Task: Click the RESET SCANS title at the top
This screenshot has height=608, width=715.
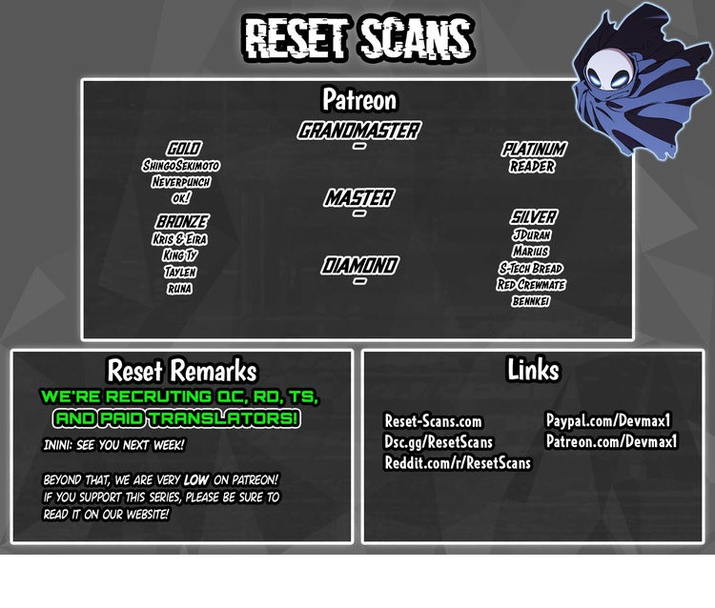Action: (358, 38)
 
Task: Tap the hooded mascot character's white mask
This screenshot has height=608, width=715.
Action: (610, 92)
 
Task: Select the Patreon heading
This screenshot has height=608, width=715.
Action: (358, 99)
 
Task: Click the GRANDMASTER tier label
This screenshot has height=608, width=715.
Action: (358, 131)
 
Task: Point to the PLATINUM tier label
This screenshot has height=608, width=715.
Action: (534, 149)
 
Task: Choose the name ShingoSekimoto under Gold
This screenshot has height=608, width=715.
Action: (181, 165)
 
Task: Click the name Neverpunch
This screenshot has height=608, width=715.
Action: (181, 181)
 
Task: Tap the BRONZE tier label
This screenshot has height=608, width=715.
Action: (181, 222)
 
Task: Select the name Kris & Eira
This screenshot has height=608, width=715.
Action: (180, 239)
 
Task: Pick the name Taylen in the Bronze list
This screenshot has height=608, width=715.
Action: (180, 272)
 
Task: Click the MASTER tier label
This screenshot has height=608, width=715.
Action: (358, 198)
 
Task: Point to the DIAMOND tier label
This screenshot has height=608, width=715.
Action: (358, 265)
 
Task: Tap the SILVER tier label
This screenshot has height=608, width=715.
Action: (533, 217)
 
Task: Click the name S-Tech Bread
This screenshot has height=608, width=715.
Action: (531, 268)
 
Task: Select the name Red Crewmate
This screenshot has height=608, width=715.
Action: (531, 284)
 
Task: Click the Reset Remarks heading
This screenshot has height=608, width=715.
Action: (181, 370)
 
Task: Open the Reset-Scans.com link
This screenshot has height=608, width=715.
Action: (433, 421)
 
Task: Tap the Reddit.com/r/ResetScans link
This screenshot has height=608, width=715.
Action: (458, 462)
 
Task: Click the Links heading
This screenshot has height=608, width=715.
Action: (533, 369)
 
